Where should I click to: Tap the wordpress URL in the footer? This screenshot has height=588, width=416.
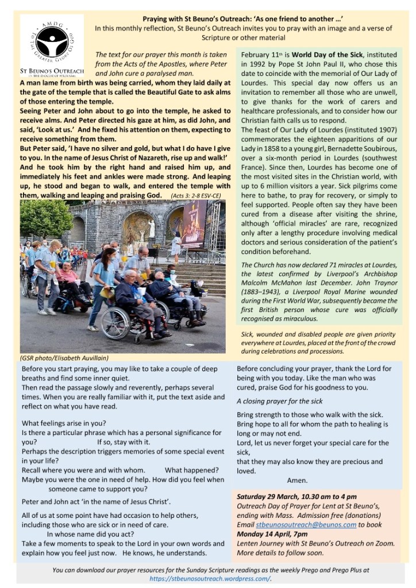pos(209,578)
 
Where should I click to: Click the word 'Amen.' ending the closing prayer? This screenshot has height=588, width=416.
pos(297,480)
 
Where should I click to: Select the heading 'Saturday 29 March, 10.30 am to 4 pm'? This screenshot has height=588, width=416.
pos(296,496)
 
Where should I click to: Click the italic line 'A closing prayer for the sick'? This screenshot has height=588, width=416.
pos(279,401)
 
